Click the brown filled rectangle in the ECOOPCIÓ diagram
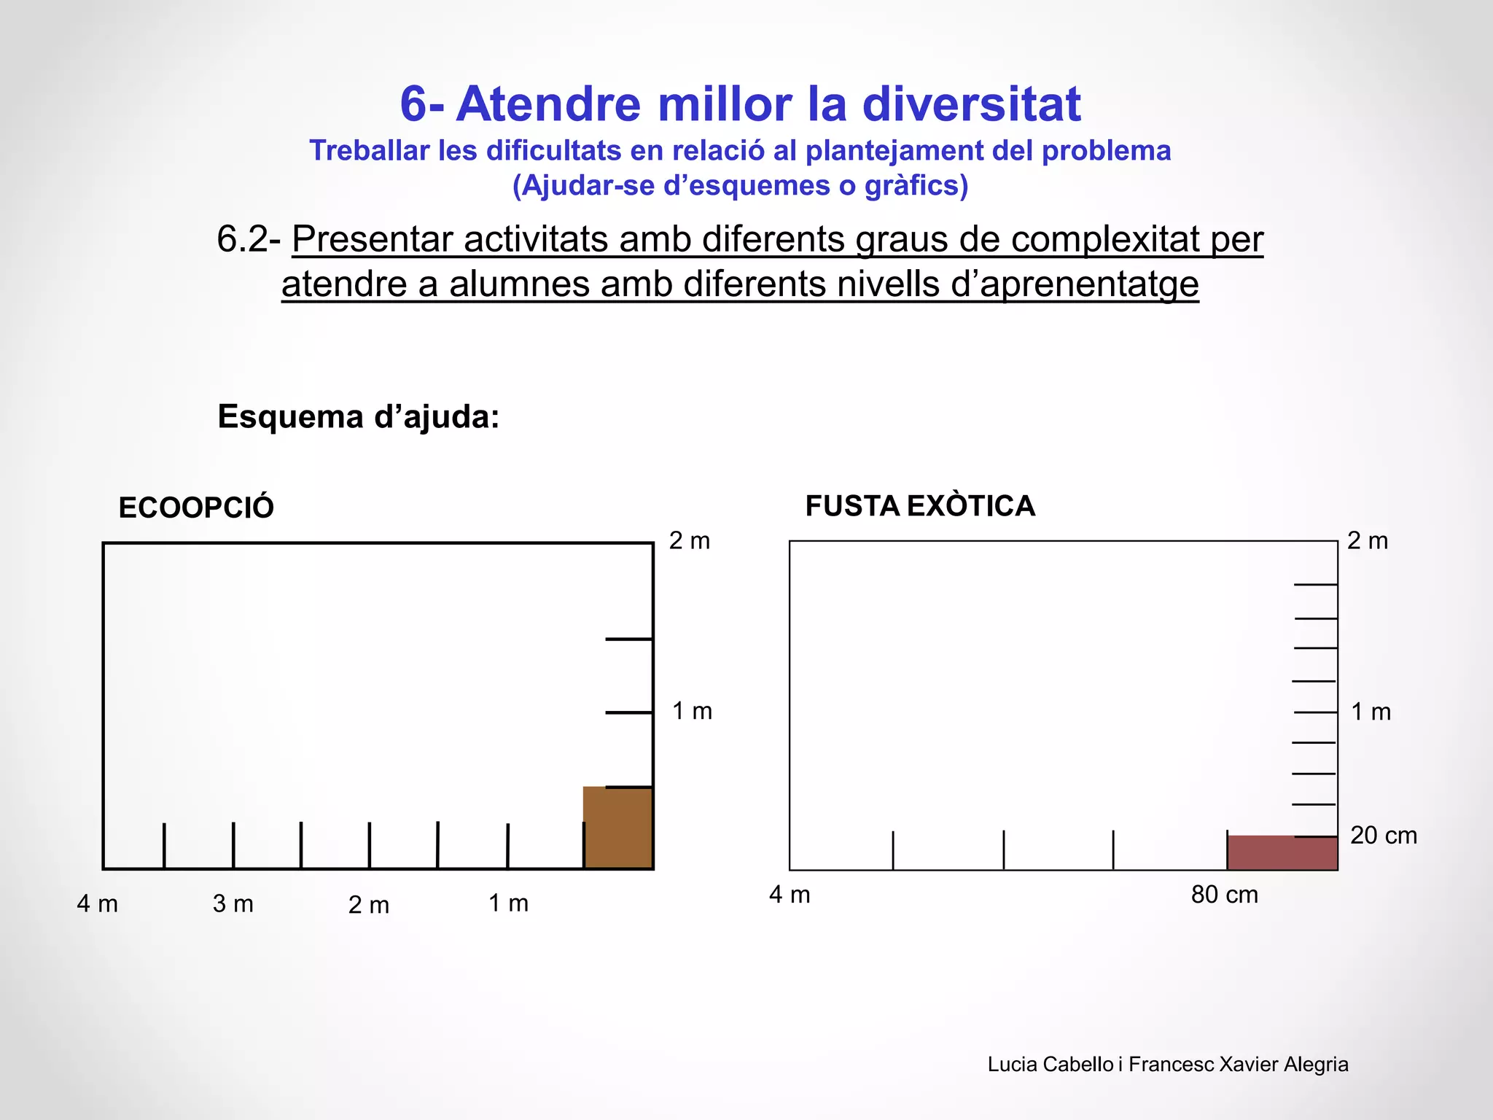[617, 828]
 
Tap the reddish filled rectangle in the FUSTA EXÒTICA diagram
[1282, 852]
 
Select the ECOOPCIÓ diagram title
[196, 507]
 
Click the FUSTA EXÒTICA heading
[920, 506]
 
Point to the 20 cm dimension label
[1383, 836]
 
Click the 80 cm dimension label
[1224, 895]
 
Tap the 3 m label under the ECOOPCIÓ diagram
[233, 904]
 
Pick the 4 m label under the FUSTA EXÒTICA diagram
[790, 895]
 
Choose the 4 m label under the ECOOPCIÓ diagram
[98, 904]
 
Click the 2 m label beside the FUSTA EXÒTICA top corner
[1368, 541]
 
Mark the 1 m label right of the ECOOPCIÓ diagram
[692, 711]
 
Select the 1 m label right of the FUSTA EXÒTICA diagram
[1371, 712]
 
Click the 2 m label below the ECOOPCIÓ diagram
[369, 905]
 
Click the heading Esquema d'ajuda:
[359, 417]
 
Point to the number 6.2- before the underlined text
[249, 239]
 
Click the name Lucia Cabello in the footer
[1050, 1065]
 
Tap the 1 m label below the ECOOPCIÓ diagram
[508, 903]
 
